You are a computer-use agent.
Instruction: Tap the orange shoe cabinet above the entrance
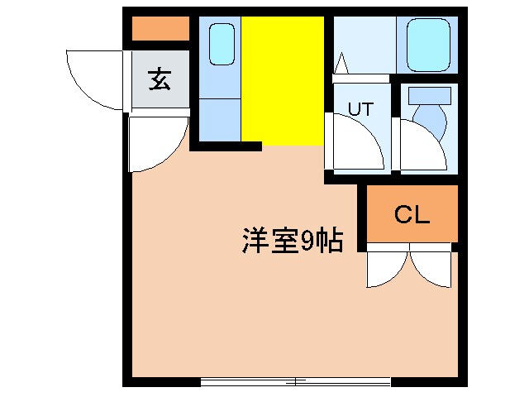coord(160,29)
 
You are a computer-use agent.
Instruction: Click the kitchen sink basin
coord(221,44)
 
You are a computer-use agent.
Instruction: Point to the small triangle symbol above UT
coord(342,61)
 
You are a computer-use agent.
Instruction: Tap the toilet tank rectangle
coord(430,95)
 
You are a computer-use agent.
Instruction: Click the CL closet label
coord(411,215)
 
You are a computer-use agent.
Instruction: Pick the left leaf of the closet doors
coord(385,266)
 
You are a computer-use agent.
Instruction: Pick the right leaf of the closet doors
coord(433,266)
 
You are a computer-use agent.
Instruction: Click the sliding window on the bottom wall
coord(295,381)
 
